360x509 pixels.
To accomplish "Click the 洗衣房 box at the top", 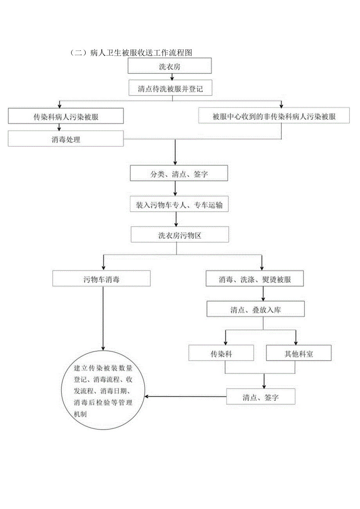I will tap(170, 66).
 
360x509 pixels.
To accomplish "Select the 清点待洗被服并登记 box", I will tap(170, 88).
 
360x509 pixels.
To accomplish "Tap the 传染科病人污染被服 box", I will tap(66, 116).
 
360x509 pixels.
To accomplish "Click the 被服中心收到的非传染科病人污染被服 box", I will tap(274, 116).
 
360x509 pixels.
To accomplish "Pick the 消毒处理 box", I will tap(66, 139).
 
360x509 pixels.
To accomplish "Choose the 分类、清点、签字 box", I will tap(179, 173).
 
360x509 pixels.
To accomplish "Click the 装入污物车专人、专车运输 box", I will tap(179, 205).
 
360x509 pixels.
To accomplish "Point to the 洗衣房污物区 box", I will tap(180, 236).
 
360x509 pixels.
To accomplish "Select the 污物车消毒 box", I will tap(101, 279).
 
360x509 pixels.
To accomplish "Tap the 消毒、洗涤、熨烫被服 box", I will tap(255, 279).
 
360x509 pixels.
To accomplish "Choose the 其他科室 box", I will tap(299, 354).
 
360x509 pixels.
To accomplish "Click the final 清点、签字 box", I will tap(261, 397).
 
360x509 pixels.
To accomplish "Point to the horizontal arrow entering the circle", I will tap(184, 397).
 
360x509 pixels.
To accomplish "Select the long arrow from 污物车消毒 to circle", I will tap(103, 317).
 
